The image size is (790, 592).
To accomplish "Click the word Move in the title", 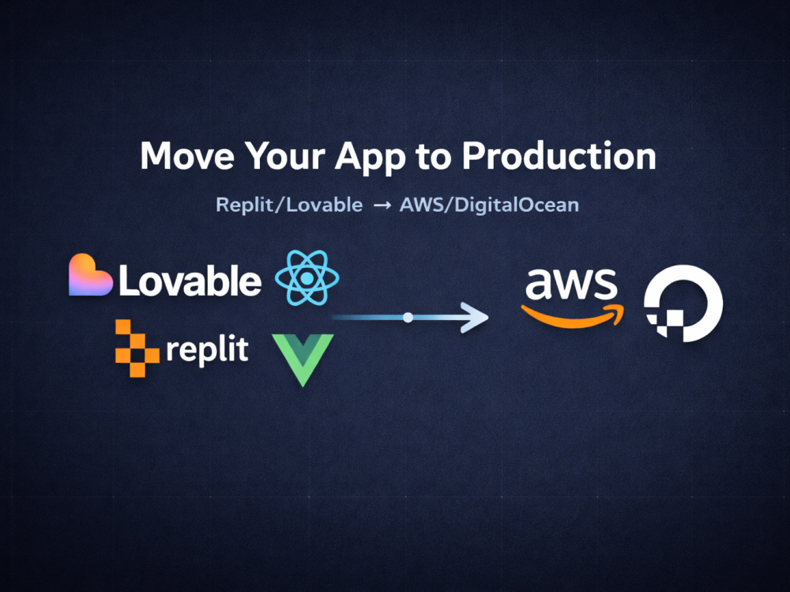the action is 187,156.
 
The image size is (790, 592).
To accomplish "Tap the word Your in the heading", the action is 284,156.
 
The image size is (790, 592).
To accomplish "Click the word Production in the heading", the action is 559,156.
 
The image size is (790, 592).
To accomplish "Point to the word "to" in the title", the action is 434,156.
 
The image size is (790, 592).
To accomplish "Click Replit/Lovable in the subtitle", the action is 289,205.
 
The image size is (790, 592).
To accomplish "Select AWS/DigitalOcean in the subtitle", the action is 489,205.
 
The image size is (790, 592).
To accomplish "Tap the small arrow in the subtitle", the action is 382,206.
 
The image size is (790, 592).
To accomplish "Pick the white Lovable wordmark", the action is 190,281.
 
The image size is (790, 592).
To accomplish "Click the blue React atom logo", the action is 307,278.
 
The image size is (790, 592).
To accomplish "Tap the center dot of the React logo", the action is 307,278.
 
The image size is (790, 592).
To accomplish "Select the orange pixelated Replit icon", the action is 137,348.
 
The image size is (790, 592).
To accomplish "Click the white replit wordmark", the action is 207,350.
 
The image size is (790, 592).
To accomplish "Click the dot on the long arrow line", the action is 408,317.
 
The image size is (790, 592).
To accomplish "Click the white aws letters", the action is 571,284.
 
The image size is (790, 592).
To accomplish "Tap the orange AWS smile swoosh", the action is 572,316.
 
